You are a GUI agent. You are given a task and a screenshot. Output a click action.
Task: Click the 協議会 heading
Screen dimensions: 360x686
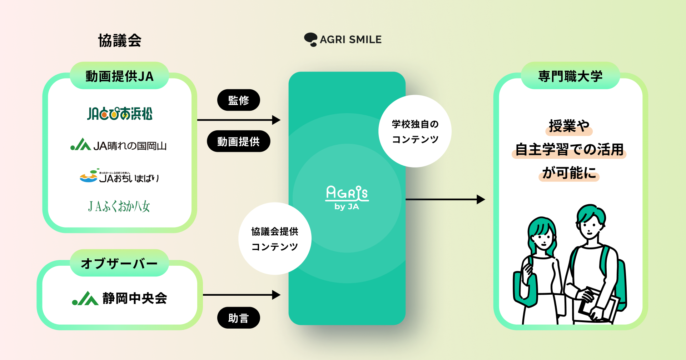[120, 41]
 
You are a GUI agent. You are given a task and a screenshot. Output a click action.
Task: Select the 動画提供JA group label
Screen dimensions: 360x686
[119, 76]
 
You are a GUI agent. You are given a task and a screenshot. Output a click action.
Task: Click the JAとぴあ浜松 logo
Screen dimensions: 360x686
[120, 114]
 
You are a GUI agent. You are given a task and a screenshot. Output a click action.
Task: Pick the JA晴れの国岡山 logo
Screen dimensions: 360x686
[119, 145]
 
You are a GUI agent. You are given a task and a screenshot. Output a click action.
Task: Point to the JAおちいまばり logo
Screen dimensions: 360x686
[119, 176]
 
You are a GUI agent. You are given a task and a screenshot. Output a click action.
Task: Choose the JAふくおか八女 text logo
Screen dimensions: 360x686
[119, 206]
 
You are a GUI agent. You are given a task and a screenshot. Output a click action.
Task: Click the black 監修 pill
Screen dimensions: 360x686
[238, 100]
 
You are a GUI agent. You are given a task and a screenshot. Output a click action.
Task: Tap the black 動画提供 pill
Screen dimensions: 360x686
[238, 141]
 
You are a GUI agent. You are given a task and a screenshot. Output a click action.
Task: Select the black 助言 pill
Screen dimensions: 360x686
[238, 317]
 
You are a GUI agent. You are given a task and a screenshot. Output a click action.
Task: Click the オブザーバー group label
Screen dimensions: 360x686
[119, 263]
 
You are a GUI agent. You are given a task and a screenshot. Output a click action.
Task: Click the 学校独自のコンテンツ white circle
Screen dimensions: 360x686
[415, 131]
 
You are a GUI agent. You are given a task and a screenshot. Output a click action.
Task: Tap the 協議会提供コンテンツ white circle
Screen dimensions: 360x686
[274, 239]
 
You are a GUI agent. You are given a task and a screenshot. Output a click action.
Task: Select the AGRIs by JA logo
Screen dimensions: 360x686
[347, 197]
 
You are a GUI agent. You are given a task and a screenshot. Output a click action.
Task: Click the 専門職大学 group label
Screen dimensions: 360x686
[570, 76]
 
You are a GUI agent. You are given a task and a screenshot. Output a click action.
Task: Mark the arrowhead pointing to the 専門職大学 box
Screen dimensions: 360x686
[481, 199]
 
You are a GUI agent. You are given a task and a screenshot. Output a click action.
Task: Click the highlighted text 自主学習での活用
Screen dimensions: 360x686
[569, 150]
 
